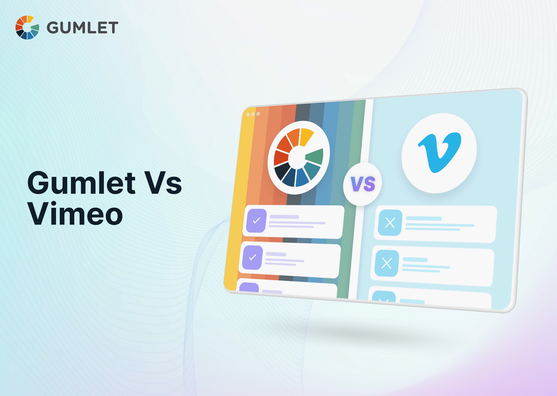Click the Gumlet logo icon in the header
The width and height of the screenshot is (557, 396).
(27, 27)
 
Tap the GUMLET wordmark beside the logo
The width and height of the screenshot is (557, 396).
(83, 28)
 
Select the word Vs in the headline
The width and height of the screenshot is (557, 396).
(163, 183)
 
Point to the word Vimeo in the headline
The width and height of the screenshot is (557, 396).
(75, 214)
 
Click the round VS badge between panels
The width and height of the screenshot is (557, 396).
(362, 184)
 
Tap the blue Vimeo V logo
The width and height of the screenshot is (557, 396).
(440, 152)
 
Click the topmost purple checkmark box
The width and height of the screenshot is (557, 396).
(256, 221)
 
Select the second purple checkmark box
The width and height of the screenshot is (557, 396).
(252, 258)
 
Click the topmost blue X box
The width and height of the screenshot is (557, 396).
(390, 223)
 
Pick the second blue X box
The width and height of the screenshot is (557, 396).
(386, 263)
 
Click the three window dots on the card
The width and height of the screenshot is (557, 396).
(253, 114)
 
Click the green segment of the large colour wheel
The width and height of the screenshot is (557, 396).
(315, 156)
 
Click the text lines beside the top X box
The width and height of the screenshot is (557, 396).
(439, 224)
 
